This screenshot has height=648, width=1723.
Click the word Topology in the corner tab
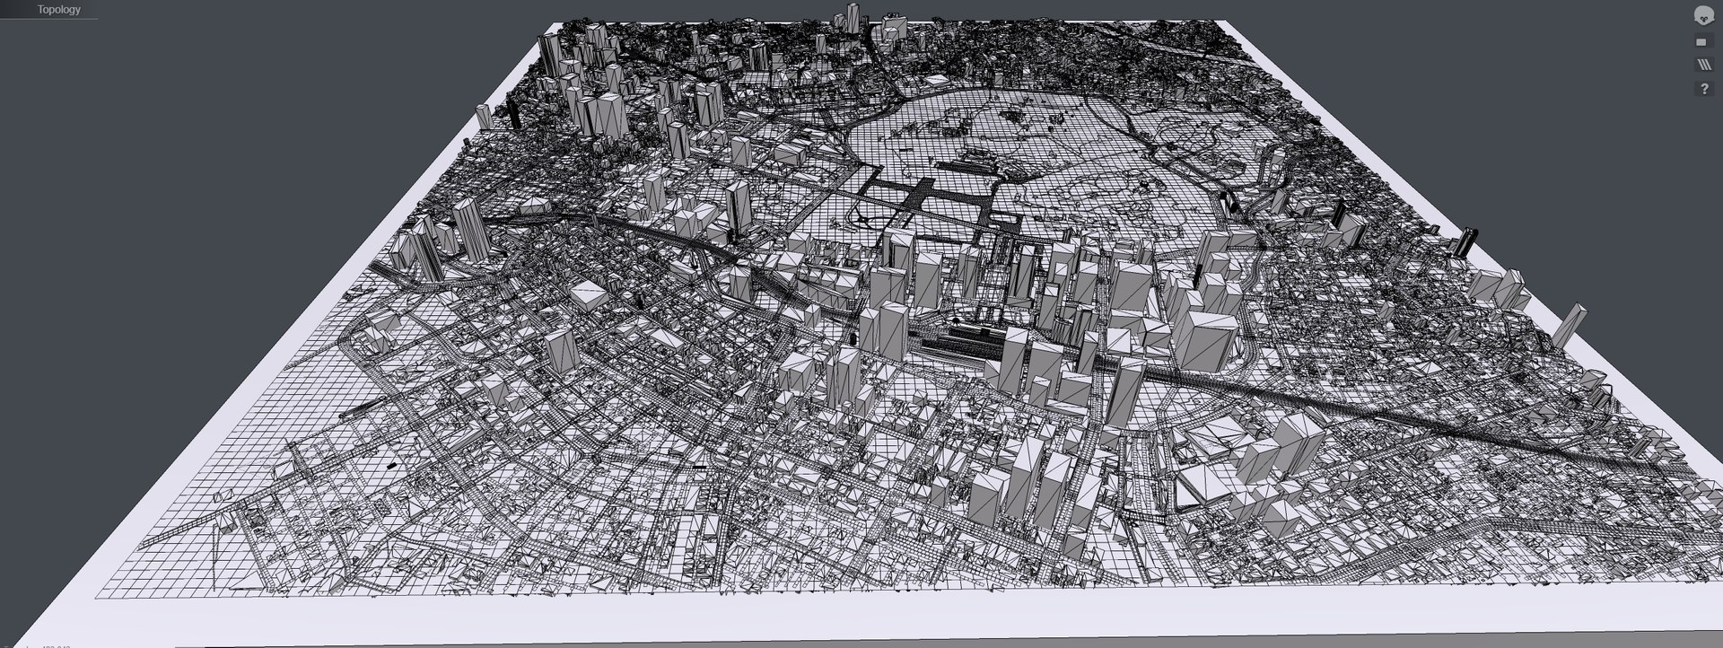pos(58,10)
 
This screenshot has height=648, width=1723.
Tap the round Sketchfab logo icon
pos(1702,14)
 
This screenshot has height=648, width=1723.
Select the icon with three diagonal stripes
pos(1702,65)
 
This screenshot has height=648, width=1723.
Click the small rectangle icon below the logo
pos(1702,41)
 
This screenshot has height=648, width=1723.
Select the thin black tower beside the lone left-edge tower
pos(513,113)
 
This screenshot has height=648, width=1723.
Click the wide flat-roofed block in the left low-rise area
pos(589,295)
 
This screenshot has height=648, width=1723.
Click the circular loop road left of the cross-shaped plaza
pos(862,216)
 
